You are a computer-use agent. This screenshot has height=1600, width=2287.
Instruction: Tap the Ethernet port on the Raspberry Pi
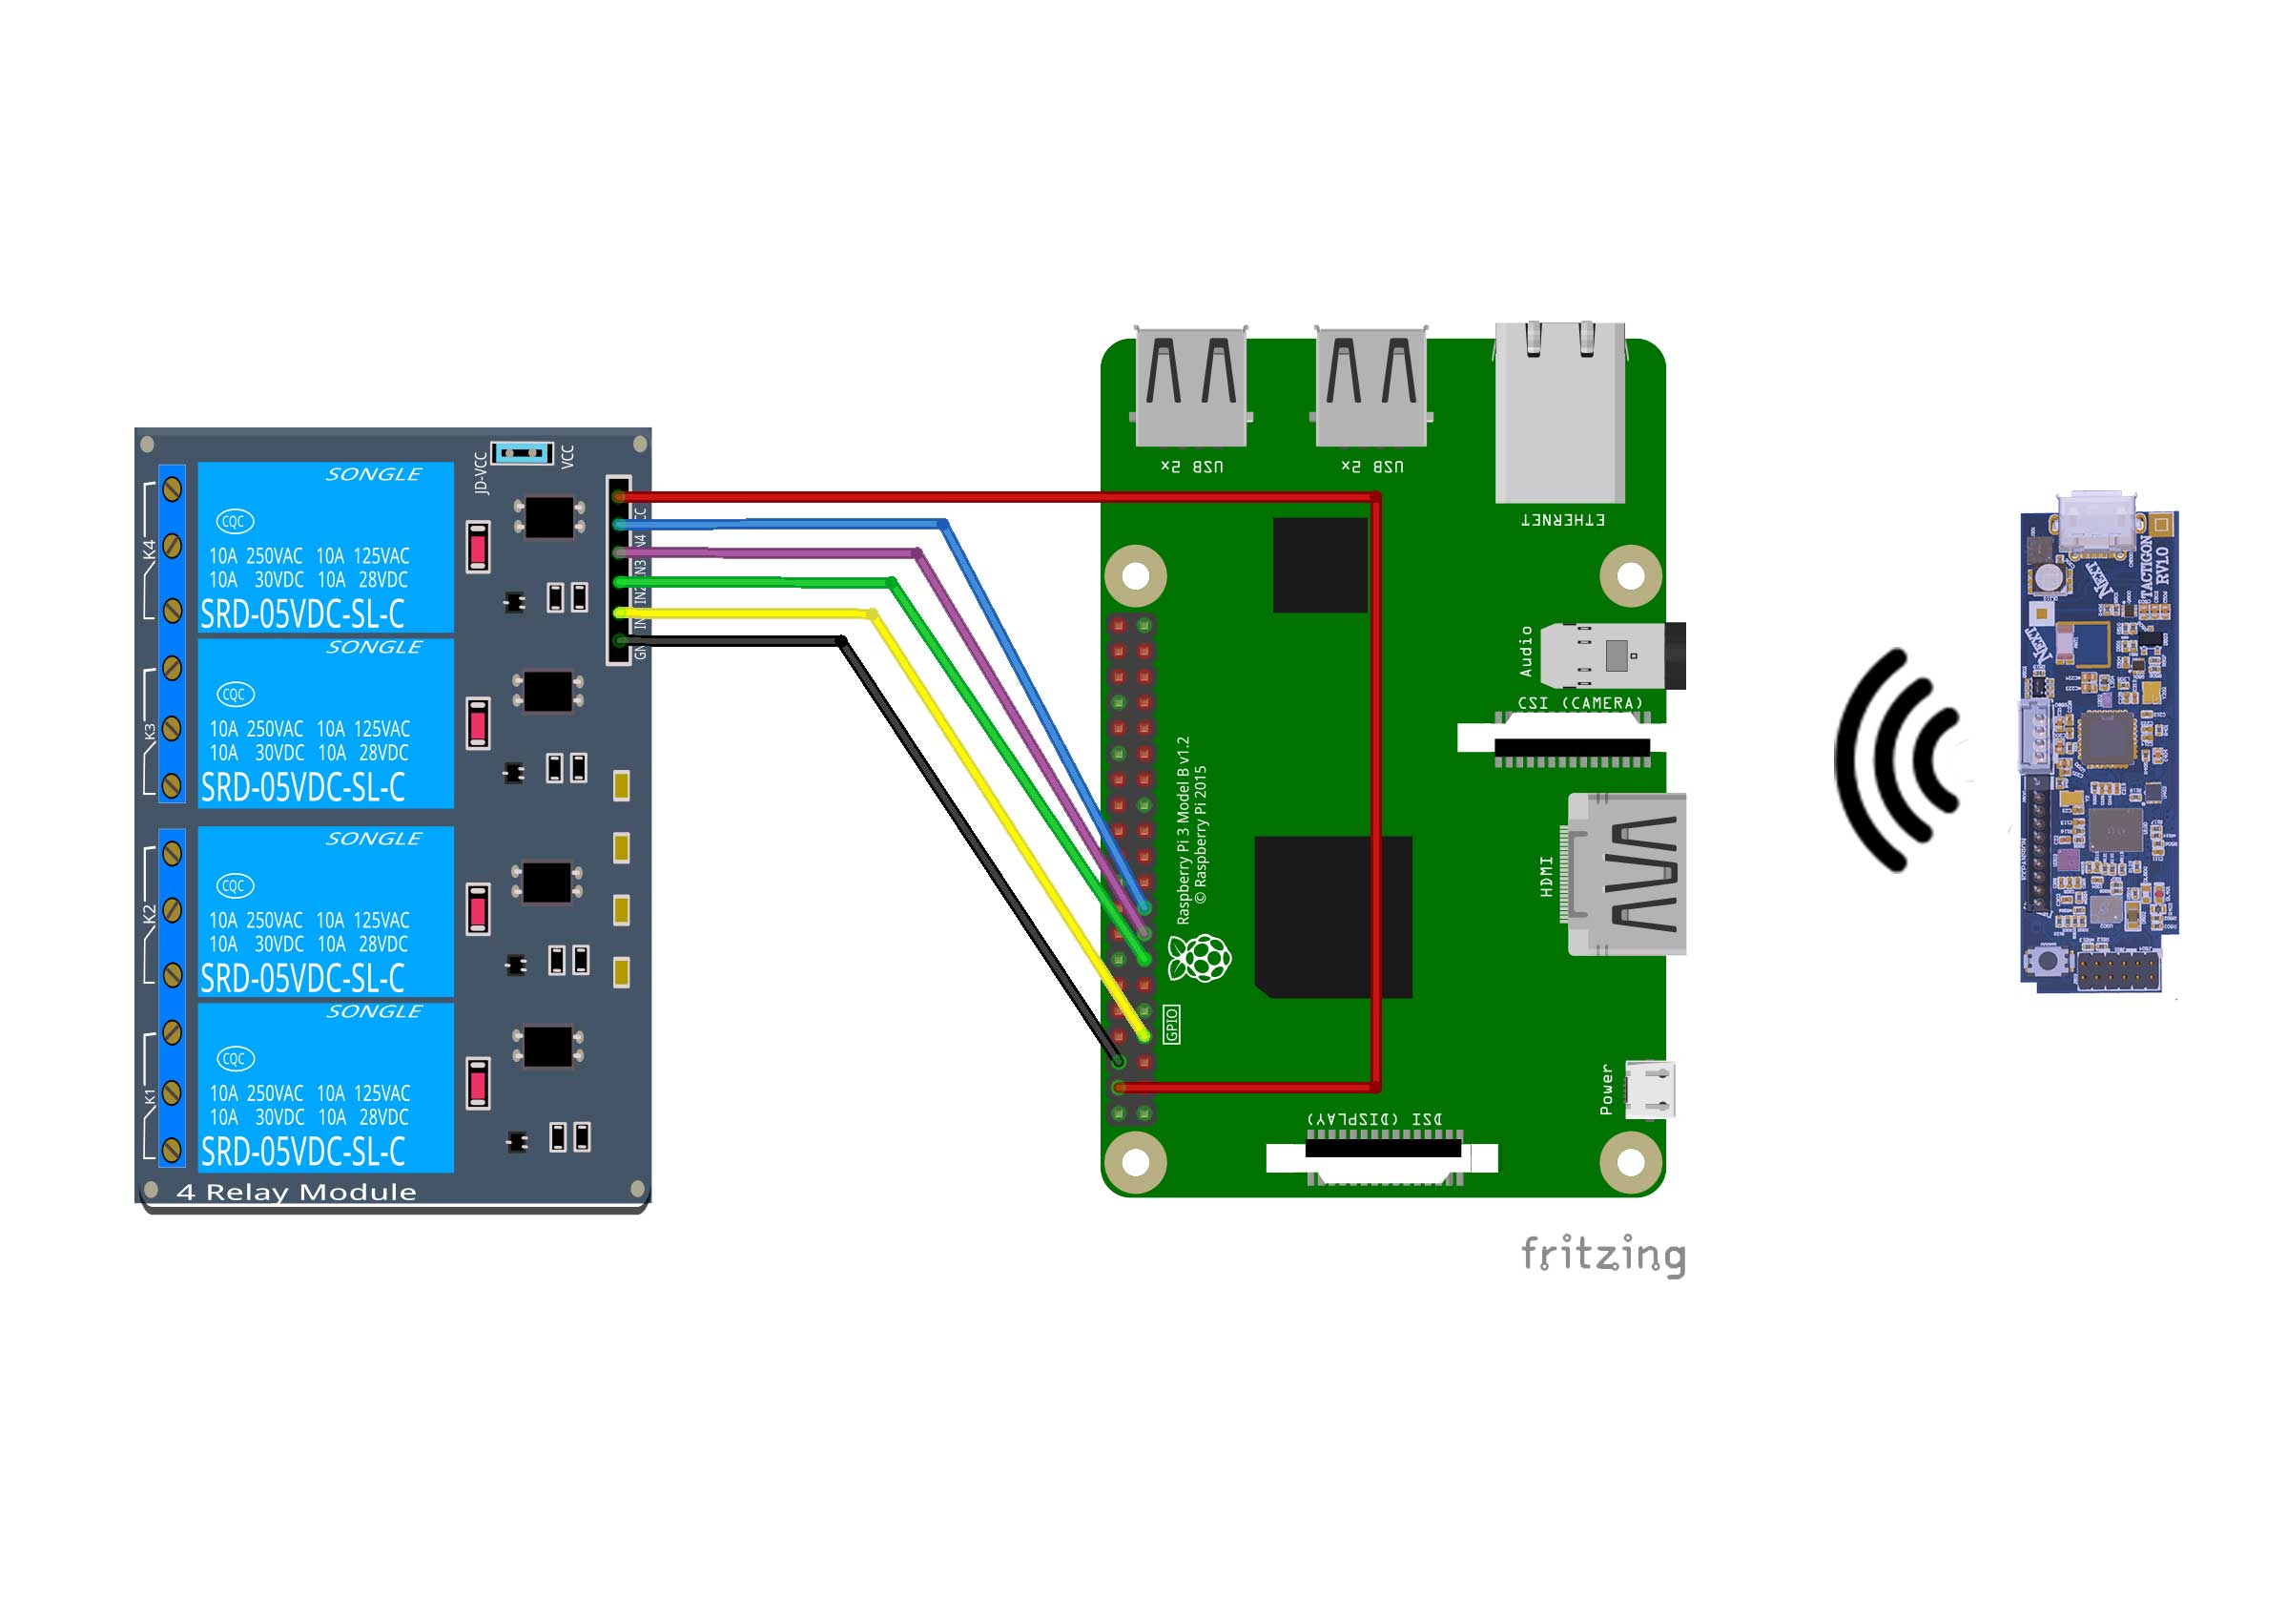tap(1560, 412)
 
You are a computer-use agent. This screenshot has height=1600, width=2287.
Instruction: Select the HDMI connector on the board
tap(1628, 874)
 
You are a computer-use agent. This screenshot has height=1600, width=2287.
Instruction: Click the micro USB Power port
tap(1650, 1088)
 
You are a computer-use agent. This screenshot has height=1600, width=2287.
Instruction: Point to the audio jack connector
tap(1612, 655)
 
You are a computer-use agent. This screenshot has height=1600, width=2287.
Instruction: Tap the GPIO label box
tap(1171, 1024)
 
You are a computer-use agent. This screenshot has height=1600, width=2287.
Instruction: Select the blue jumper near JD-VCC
tap(522, 453)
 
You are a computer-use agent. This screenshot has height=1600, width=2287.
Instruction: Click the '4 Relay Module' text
tap(296, 1193)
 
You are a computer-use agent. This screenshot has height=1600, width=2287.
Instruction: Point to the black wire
tap(977, 847)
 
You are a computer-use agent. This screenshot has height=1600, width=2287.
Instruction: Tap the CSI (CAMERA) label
tap(1579, 703)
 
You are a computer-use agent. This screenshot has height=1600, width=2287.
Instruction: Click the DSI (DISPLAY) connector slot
tap(1382, 1150)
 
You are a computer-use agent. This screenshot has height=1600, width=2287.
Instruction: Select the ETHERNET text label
tap(1562, 520)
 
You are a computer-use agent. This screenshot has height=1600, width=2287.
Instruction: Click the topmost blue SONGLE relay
tap(326, 547)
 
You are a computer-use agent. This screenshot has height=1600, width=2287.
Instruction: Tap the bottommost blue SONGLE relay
tap(326, 1087)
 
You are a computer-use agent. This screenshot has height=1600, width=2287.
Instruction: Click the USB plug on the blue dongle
tap(2094, 522)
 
